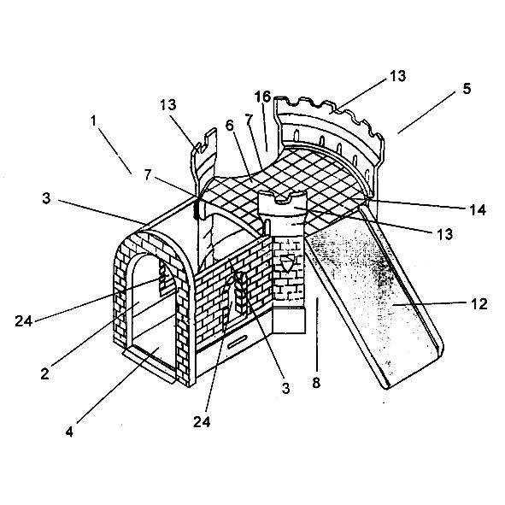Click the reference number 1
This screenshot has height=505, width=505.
coord(93,120)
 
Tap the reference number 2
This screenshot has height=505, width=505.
coord(44,373)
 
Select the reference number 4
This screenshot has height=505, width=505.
coord(69,432)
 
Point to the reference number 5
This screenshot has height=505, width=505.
coord(467,89)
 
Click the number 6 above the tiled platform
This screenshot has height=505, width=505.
coord(229,126)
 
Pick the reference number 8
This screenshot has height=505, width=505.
coord(316,383)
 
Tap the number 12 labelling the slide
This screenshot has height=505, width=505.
coord(479,304)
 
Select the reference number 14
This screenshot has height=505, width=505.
coord(478,210)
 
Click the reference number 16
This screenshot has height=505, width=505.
coord(262,97)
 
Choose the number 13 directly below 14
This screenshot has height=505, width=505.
coord(445,234)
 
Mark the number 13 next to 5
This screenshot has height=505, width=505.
coord(397,76)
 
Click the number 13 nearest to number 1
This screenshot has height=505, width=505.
coord(168,104)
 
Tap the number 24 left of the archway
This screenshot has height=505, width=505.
coord(24,321)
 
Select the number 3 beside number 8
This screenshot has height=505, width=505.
coord(285,389)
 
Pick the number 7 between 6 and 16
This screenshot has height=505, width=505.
coord(249,120)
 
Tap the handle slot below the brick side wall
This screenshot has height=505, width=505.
coord(238,342)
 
